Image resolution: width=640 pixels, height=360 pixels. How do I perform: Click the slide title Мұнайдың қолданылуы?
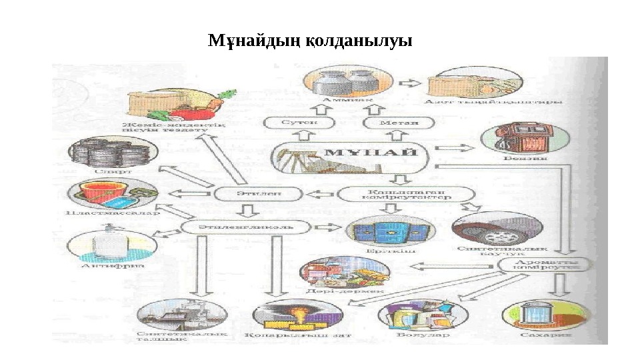coord(310,41)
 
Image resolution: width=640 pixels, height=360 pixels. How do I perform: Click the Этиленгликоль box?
coord(246,227)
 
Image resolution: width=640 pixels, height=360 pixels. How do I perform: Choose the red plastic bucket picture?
coord(107,194)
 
